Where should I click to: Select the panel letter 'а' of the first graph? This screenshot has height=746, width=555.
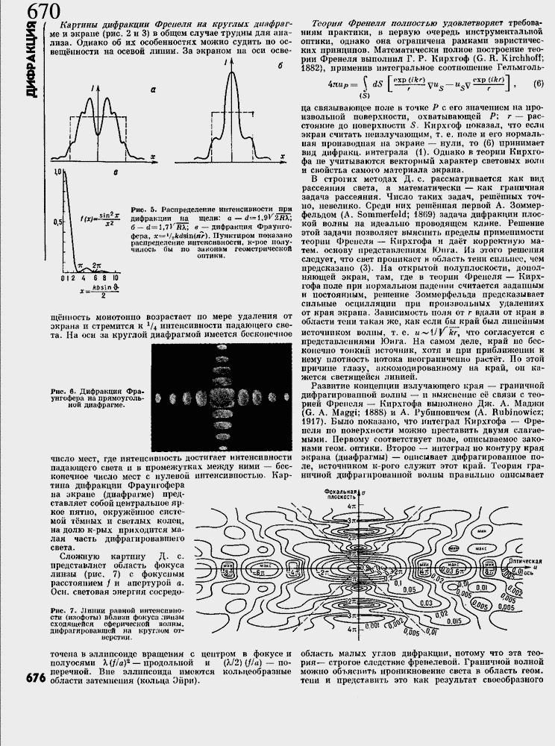click(151, 90)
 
